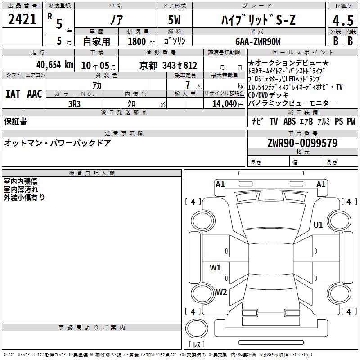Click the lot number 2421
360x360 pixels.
point(22,19)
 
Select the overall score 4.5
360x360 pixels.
point(343,21)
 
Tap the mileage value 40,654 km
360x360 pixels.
point(55,65)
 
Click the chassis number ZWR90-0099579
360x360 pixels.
point(302,143)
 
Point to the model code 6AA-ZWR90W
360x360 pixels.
point(258,41)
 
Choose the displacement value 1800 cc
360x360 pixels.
point(141,41)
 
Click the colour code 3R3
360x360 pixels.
point(74,104)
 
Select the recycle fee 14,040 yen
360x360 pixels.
point(228,104)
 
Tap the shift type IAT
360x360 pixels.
point(13,94)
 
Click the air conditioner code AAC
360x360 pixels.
point(35,94)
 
